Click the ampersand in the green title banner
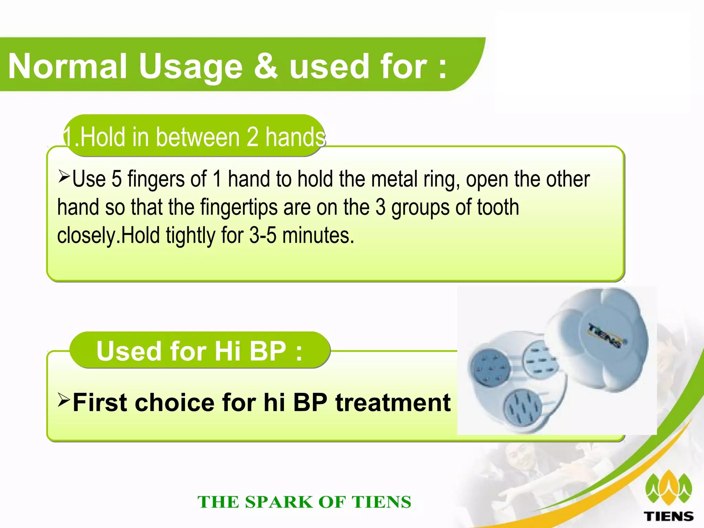coord(265,66)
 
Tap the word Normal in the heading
coord(68,66)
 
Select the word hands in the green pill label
coord(295,137)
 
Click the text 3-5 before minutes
coord(263,235)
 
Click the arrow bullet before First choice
coord(64,400)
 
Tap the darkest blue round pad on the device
coord(491,368)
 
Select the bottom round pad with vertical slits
coord(522,407)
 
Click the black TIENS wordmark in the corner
coord(668,516)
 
